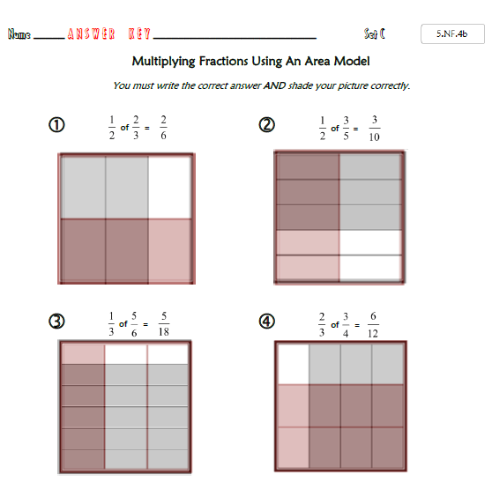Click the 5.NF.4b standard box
[452, 33]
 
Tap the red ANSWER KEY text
[108, 33]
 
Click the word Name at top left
[19, 33]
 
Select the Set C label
[375, 33]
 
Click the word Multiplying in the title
[163, 62]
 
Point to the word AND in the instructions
[274, 85]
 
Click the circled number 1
[56, 125]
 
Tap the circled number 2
[266, 125]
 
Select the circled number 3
[56, 321]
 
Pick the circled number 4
[266, 321]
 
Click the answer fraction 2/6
[163, 128]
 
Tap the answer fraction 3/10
[375, 129]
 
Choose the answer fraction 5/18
[164, 324]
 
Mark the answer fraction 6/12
[373, 325]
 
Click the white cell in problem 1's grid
[170, 187]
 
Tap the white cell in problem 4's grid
[294, 364]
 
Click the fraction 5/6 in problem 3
[134, 324]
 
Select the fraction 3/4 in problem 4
[346, 325]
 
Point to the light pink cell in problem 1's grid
[170, 250]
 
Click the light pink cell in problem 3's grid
[84, 354]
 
